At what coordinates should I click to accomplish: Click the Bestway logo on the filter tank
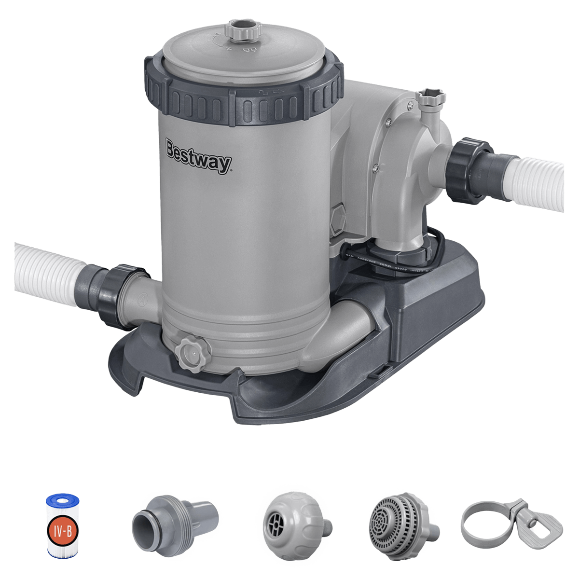point(198,156)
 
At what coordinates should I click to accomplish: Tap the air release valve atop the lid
point(241,29)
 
